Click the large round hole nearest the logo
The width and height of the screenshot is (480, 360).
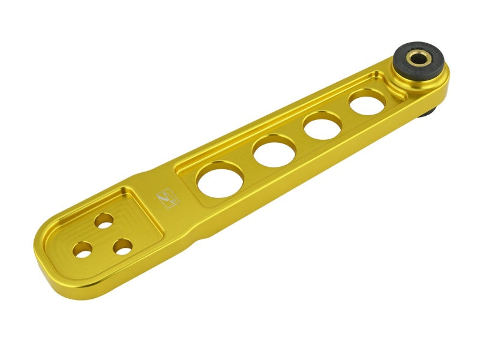coord(220,179)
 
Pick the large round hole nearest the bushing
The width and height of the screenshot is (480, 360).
coord(367,102)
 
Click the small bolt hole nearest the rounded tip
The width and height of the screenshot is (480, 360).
coord(83,249)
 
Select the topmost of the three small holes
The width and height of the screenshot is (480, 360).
coord(104,220)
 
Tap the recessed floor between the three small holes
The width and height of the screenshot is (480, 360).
coord(103,238)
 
